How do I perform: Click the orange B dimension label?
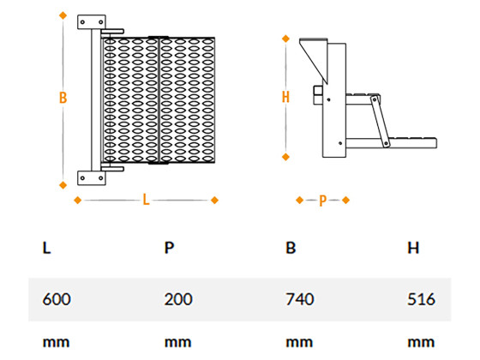[63, 98]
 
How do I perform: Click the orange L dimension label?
[146, 200]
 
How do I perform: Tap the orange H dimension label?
[285, 97]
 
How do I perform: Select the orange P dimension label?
[322, 201]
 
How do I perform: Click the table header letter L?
[46, 248]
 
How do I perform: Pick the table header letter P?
[169, 248]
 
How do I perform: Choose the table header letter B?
[291, 248]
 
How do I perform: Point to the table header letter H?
[413, 248]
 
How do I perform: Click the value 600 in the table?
[57, 299]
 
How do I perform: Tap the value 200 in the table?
[178, 299]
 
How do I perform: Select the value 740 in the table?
[300, 299]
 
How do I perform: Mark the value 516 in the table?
[421, 299]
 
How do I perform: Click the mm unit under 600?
[56, 342]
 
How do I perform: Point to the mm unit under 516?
[421, 342]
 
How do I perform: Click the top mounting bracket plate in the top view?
[92, 22]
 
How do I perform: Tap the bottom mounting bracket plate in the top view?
[92, 178]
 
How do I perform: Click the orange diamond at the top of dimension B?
[63, 15]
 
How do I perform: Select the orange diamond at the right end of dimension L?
[214, 201]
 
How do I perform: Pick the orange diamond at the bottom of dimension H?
[285, 157]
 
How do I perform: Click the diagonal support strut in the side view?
[381, 122]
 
